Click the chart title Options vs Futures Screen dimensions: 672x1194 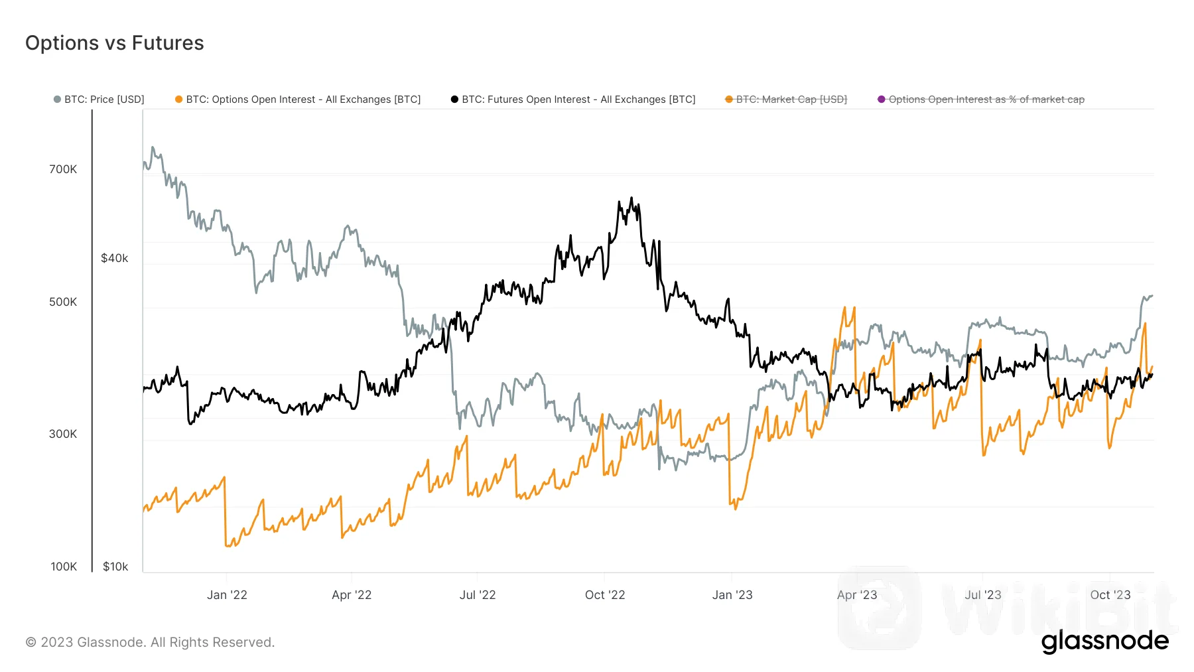pyautogui.click(x=115, y=43)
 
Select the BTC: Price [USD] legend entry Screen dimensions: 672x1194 pyautogui.click(x=99, y=100)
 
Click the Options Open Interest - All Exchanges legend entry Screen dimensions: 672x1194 pyautogui.click(x=298, y=100)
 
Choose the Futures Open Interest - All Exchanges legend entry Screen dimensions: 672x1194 pyautogui.click(x=574, y=100)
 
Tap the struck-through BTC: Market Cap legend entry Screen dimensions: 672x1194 pyautogui.click(x=787, y=100)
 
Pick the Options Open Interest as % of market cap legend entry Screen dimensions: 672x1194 pyautogui.click(x=982, y=100)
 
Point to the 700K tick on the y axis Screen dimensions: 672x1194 pyautogui.click(x=63, y=169)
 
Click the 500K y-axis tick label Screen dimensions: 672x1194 pyautogui.click(x=63, y=302)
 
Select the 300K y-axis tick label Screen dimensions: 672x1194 pyautogui.click(x=63, y=434)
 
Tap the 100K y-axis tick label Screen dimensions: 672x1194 pyautogui.click(x=64, y=567)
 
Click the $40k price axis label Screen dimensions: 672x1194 pyautogui.click(x=114, y=258)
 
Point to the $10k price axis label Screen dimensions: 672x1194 pyautogui.click(x=115, y=567)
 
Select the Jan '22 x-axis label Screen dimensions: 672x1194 pyautogui.click(x=227, y=595)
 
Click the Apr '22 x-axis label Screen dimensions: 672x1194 pyautogui.click(x=352, y=595)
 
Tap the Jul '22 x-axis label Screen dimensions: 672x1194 pyautogui.click(x=478, y=595)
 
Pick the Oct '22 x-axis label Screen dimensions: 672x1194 pyautogui.click(x=605, y=595)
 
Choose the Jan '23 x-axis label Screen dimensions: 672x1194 pyautogui.click(x=732, y=595)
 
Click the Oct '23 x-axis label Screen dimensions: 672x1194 pyautogui.click(x=1110, y=595)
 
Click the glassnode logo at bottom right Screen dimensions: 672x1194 pyautogui.click(x=1105, y=641)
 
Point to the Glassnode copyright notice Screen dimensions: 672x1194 pyautogui.click(x=150, y=642)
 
